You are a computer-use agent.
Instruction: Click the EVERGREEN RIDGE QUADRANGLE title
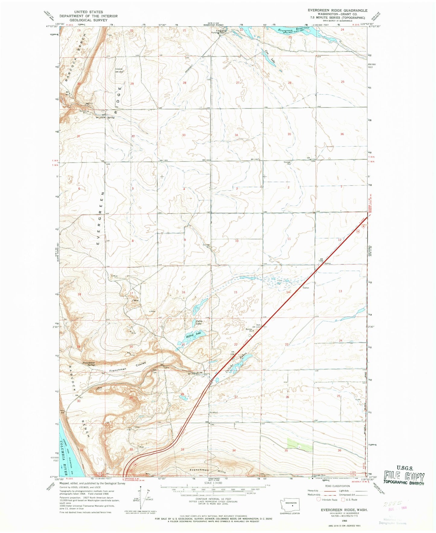coord(337,10)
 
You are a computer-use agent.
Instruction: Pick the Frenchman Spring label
coord(89,364)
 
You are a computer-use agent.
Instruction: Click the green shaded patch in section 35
coord(299,445)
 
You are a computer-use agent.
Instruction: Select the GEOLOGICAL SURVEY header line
coord(88,20)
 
